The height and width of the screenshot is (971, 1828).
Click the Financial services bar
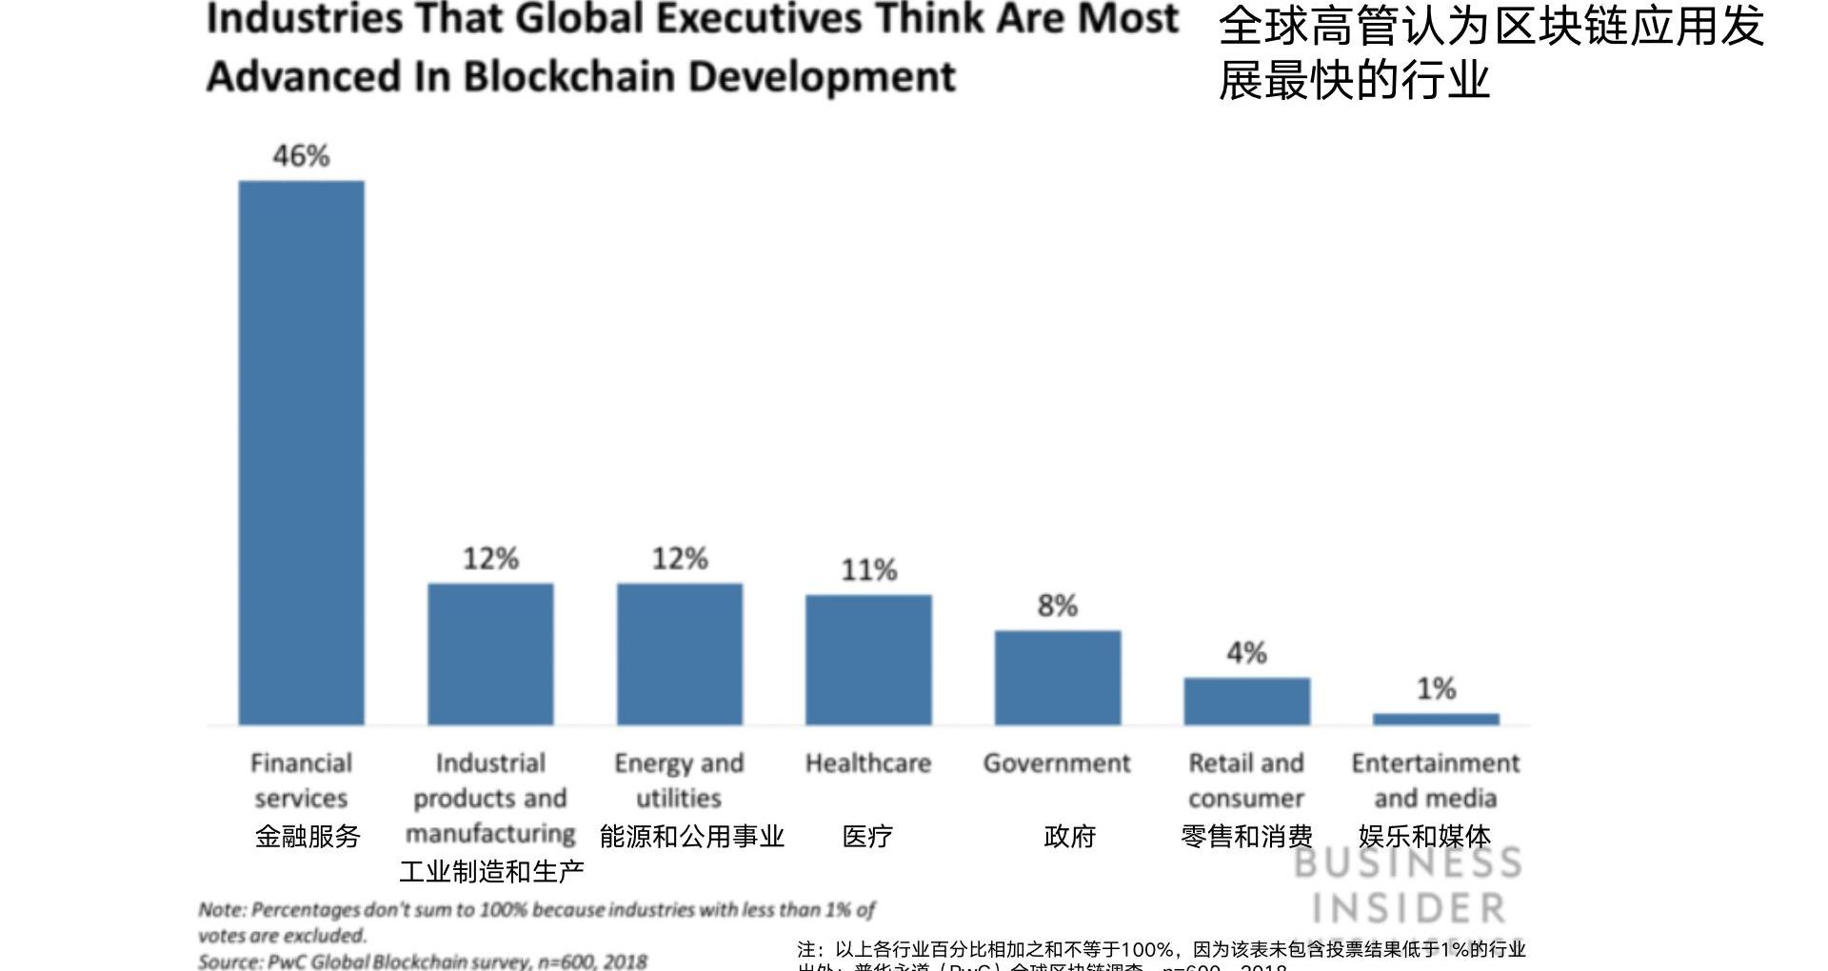click(301, 452)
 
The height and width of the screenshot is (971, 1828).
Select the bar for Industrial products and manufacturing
click(490, 654)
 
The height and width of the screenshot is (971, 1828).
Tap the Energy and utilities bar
click(680, 654)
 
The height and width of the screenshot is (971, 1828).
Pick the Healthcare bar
click(868, 660)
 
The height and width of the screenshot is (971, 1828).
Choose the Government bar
click(1058, 677)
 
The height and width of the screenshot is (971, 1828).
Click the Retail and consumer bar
click(1246, 701)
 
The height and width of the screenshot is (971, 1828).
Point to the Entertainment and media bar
click(1436, 719)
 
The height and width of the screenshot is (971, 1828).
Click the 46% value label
click(301, 156)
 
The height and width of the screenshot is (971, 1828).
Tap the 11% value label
click(868, 570)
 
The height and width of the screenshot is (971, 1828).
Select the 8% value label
click(1058, 605)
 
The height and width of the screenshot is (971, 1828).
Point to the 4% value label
click(1246, 653)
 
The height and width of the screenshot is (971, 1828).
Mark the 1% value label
click(1436, 688)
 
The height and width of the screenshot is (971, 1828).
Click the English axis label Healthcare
click(868, 763)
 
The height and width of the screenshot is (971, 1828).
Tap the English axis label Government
click(1057, 763)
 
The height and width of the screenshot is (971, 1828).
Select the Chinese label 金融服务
click(308, 837)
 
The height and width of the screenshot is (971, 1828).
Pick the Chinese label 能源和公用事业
click(692, 837)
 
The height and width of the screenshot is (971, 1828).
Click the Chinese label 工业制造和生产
click(491, 871)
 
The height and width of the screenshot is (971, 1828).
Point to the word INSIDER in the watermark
click(1409, 908)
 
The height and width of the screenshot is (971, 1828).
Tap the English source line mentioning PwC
click(423, 961)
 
